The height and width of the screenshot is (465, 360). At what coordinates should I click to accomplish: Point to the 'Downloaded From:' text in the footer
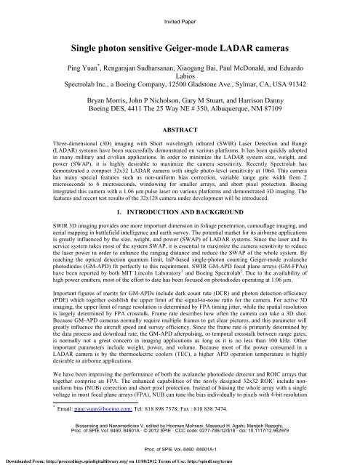coord(23,460)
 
